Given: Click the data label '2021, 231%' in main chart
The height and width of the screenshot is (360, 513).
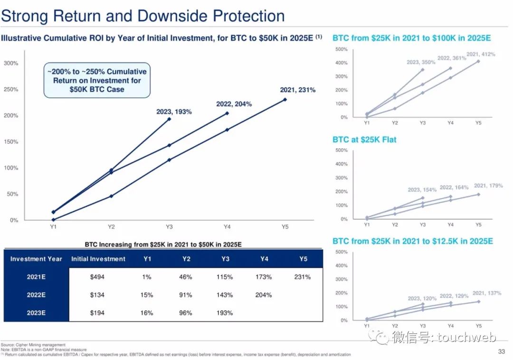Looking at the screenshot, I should coord(298,90).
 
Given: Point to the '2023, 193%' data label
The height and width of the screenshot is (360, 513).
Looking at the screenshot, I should coord(174,112).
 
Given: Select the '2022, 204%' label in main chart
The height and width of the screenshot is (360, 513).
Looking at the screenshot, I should coord(234,104).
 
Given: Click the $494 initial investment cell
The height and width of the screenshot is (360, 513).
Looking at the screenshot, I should coord(97,277).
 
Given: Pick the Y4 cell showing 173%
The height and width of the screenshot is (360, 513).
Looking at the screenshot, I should coord(264,277).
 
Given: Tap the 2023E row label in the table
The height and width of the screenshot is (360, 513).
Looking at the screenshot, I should coord(36,313).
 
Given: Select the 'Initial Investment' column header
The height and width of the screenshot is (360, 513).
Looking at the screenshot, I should coord(98,259).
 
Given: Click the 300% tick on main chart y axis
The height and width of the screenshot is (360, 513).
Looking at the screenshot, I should coord(11,63).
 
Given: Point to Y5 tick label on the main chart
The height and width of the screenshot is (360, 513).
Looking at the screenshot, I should coord(285,227).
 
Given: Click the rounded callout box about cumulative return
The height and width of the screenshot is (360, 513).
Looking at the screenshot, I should coord(97,80).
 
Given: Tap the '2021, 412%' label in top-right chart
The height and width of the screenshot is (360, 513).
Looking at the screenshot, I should coord(481,54).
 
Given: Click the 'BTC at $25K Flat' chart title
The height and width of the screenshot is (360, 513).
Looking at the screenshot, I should coord(364,140).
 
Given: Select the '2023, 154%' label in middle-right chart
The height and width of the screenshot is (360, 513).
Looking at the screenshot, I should coord(422,190).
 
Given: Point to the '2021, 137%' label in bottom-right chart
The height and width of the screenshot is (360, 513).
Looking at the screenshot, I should coord(487,293).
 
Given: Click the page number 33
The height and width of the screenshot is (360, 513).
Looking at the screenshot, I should coord(501,351).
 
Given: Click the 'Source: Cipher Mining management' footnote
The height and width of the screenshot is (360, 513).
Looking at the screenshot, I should coord(33,344).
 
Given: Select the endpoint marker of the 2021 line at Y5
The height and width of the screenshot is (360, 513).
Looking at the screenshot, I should coord(285,99).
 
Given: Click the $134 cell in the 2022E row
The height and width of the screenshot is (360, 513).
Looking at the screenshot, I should coord(97,295).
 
